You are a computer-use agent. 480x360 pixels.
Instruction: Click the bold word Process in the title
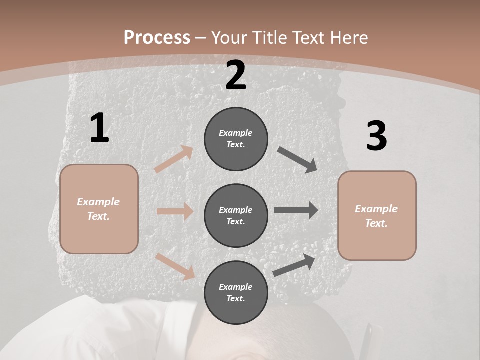157,38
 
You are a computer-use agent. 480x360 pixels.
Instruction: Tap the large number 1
99,128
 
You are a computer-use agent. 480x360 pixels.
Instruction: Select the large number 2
236,76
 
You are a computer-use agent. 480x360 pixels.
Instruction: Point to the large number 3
376,136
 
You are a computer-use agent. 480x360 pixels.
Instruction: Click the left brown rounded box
99,209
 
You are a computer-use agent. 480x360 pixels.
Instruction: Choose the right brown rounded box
377,216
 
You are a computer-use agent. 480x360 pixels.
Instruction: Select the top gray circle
236,139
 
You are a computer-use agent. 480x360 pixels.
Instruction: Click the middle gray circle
236,215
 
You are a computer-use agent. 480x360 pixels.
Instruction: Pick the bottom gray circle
236,292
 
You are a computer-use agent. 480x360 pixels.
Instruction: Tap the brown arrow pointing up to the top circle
174,159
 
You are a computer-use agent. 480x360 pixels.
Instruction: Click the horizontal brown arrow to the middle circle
175,212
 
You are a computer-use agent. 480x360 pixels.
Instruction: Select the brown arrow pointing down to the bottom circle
175,266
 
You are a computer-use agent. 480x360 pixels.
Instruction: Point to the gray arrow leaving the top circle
297,159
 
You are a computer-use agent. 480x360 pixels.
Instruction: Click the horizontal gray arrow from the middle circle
296,210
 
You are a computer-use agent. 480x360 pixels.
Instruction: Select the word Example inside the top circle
236,133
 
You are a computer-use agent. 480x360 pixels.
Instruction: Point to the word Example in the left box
98,202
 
